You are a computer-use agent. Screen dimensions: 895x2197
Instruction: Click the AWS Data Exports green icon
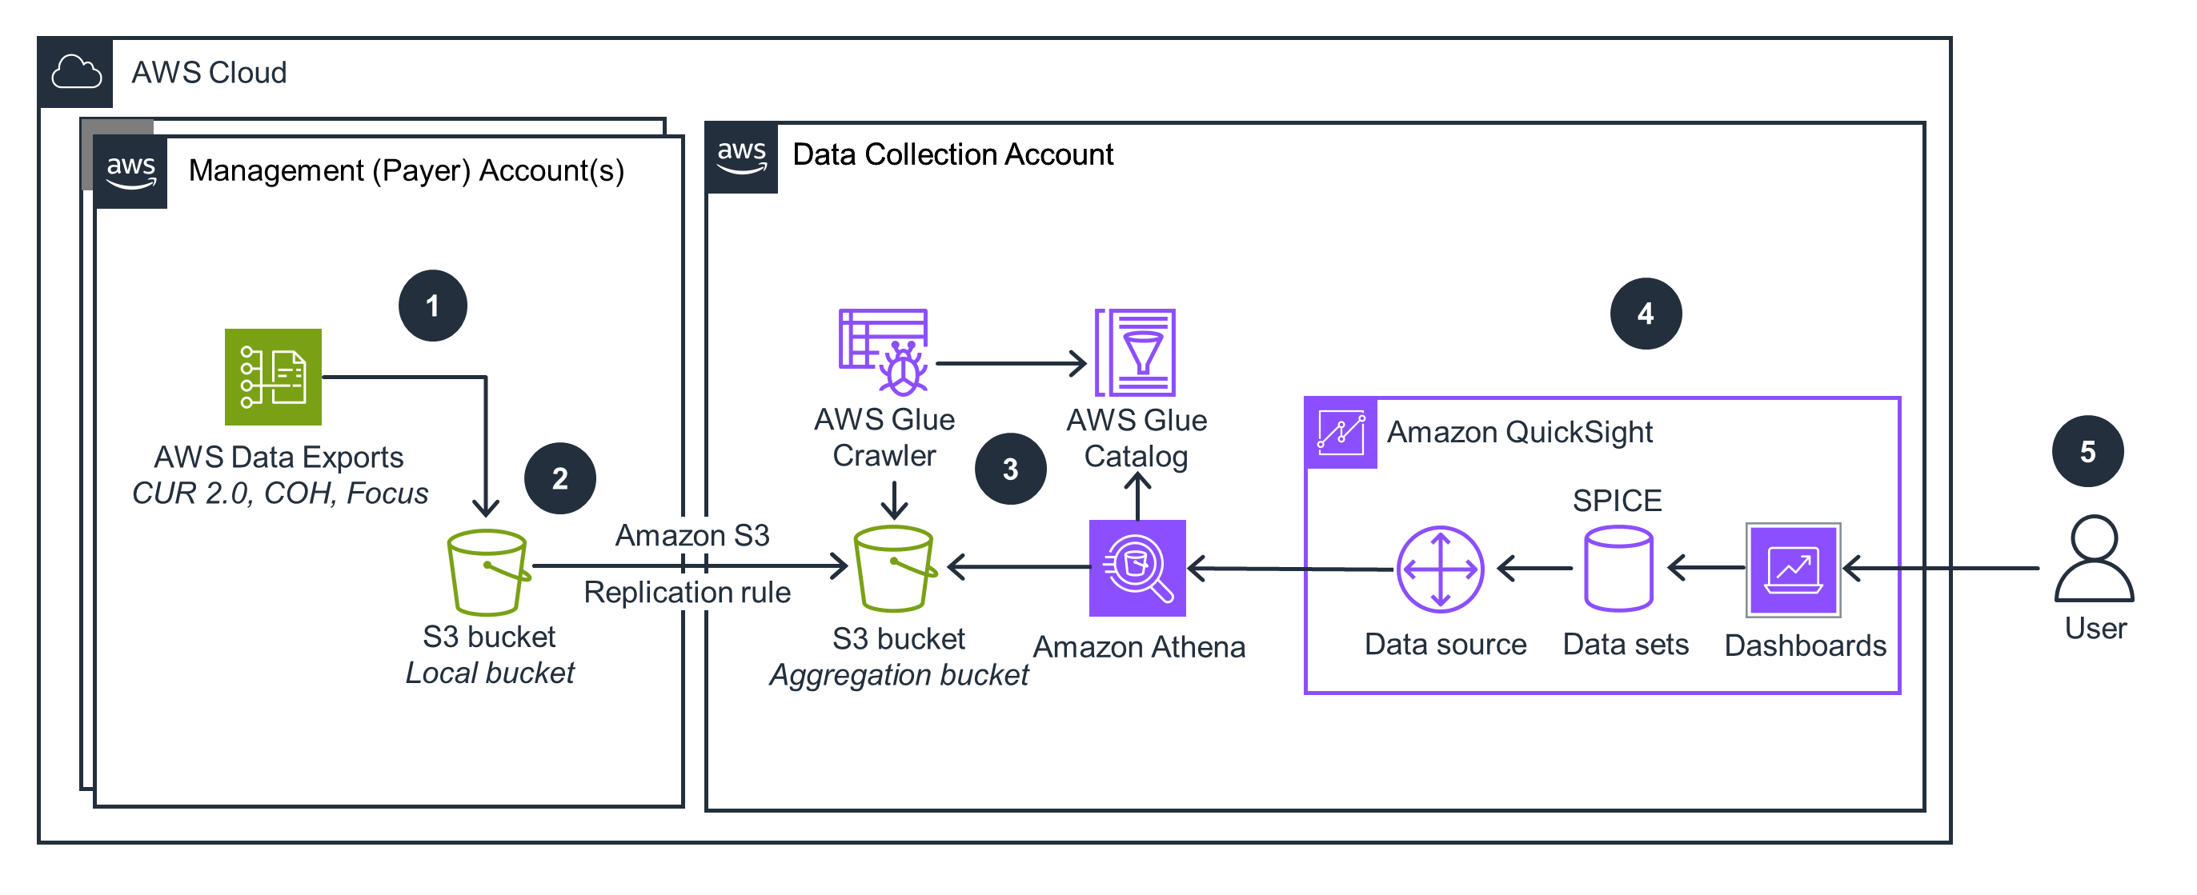(273, 377)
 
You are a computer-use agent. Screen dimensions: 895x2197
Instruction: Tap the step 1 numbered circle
(432, 306)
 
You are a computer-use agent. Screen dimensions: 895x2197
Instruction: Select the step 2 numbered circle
(559, 478)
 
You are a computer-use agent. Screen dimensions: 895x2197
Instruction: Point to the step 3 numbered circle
(1011, 469)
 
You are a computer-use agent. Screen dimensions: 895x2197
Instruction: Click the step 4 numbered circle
(1646, 314)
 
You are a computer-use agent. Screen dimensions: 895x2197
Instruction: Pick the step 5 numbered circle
(2087, 452)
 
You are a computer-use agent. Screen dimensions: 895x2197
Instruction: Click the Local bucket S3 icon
(487, 572)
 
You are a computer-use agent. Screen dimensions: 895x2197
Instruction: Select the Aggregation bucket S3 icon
(895, 569)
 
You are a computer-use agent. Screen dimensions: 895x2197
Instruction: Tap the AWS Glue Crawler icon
(884, 352)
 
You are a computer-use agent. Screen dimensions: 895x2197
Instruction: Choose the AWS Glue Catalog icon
(1135, 352)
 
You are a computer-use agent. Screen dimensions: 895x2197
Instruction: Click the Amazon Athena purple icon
(1137, 568)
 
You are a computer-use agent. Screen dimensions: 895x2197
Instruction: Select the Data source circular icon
(1440, 569)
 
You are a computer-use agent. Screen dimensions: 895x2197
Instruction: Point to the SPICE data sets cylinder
(1618, 569)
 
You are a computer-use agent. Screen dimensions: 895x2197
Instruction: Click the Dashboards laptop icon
(1793, 569)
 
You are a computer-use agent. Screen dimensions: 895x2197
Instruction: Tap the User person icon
(2094, 558)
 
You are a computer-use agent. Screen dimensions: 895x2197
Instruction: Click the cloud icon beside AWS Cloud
(76, 73)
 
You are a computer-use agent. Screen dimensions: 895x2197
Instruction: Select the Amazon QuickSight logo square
(1341, 433)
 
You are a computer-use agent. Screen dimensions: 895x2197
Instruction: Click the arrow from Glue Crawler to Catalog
(1011, 364)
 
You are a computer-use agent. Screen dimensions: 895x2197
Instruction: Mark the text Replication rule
(687, 593)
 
